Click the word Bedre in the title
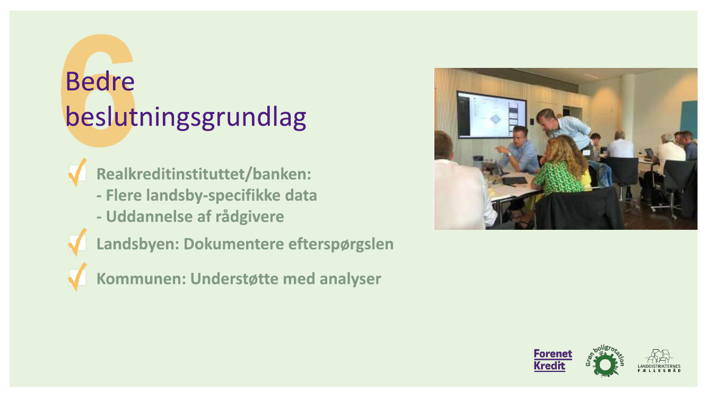tap(100, 82)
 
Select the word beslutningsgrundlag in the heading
tap(186, 117)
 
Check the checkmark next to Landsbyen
tap(77, 243)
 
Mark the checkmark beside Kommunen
tap(77, 277)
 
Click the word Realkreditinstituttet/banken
tap(204, 175)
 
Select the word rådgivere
tap(250, 217)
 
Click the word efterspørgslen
tap(341, 245)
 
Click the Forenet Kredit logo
tap(553, 360)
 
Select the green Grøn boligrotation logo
tap(605, 361)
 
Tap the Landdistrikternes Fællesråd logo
tap(659, 361)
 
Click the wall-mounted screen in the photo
tap(491, 115)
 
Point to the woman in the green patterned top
tap(561, 167)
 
